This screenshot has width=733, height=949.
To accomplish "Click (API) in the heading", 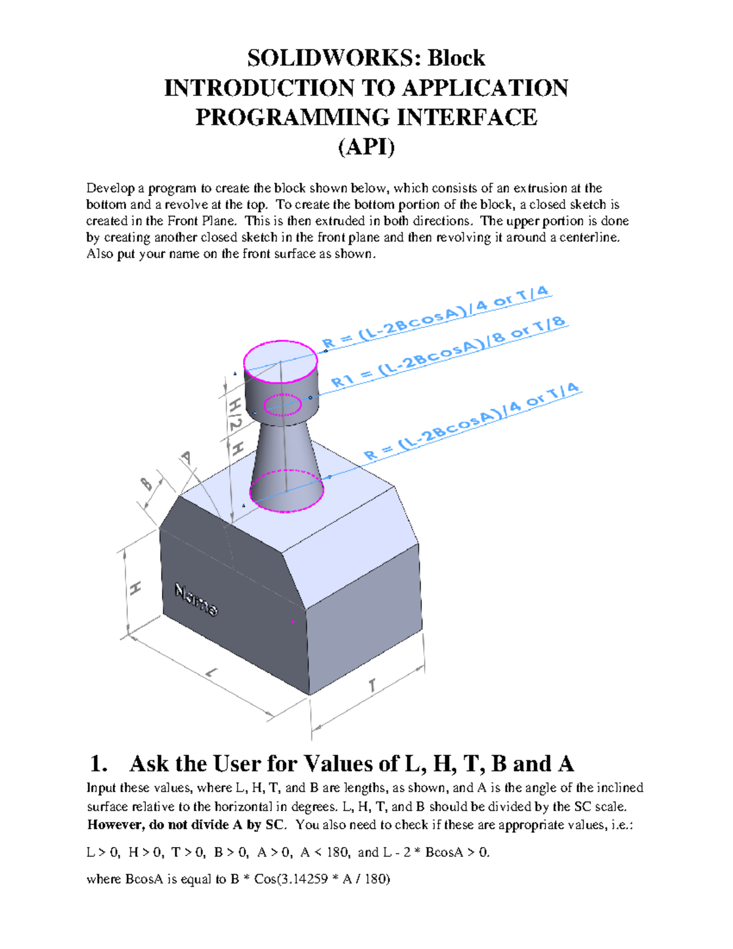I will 366,147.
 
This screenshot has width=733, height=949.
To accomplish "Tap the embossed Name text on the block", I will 195,600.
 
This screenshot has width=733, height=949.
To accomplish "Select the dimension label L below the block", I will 211,673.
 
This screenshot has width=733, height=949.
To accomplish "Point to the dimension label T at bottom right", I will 372,686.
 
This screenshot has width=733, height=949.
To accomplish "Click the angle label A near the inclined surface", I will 186,458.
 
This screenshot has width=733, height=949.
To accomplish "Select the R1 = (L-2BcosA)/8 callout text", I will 449,354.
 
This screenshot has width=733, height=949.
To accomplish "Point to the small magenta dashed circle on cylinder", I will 283,405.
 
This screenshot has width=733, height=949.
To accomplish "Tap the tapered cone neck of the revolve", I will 286,449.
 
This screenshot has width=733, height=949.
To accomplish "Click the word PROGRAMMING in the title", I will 297,117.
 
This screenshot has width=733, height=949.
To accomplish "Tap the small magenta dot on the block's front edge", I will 293,621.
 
